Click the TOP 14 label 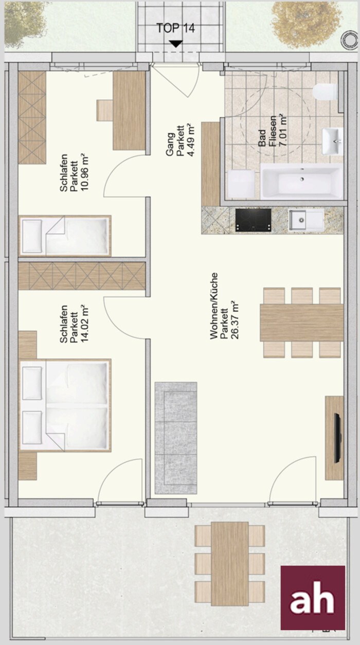176,28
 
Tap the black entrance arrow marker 176,44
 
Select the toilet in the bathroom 325,92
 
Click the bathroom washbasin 332,141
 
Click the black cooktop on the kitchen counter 253,220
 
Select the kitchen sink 307,220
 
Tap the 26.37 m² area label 235,320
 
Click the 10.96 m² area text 85,172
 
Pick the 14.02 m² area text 85,323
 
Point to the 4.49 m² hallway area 191,140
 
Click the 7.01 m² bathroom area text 283,130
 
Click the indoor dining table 302,323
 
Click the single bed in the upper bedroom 65,236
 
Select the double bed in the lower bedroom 65,405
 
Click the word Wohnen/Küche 214,306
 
